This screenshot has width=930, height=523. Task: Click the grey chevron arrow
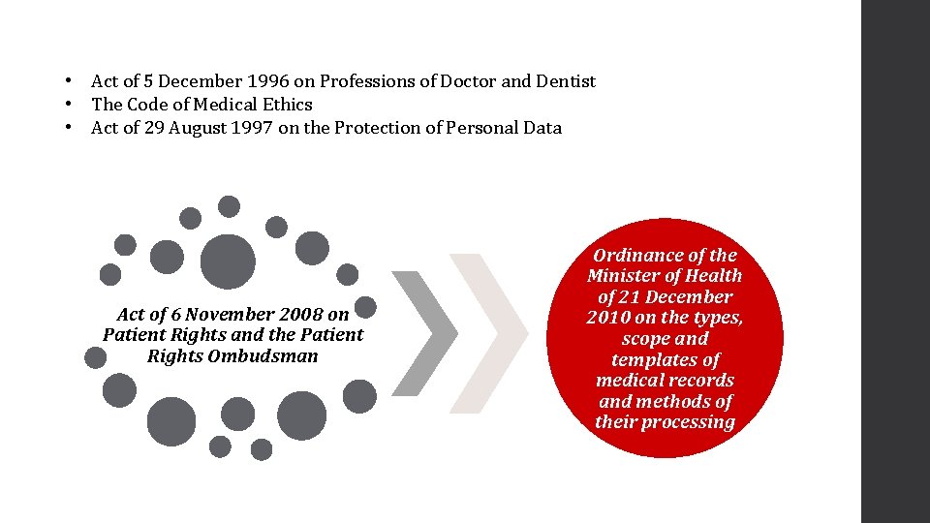[x=423, y=334]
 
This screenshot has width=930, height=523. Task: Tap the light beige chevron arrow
[x=489, y=334]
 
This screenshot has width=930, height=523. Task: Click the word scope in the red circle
[x=645, y=339]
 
